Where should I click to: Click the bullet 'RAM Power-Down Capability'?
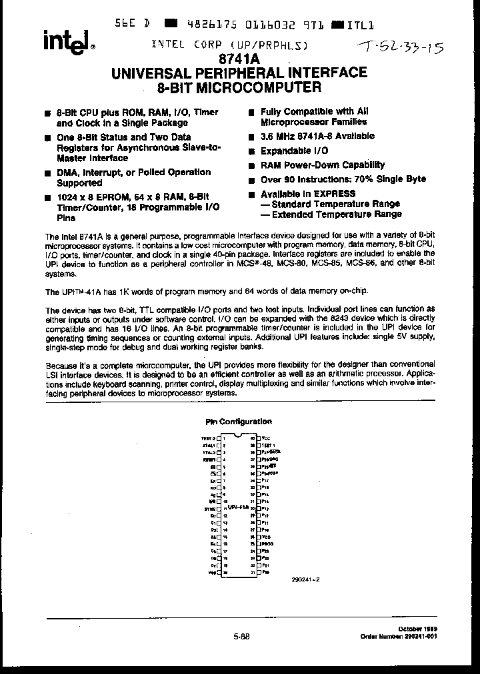[x=322, y=165]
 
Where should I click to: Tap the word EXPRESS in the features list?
[x=331, y=194]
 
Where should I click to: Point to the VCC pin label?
[x=267, y=438]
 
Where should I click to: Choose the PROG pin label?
[x=268, y=543]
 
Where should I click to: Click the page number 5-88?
[x=241, y=636]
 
